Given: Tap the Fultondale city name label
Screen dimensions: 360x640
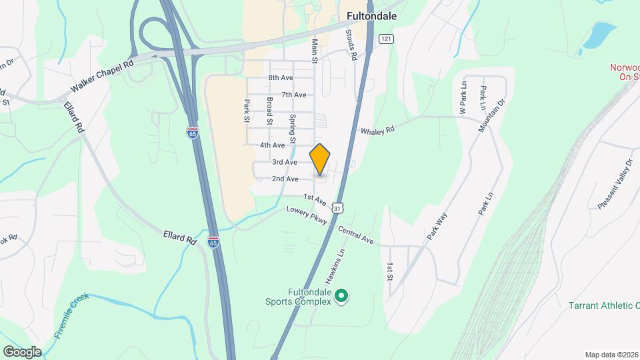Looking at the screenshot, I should point(372,15).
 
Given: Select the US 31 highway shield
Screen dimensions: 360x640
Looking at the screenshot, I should point(339,208).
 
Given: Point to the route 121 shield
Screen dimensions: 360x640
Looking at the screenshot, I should point(385,39).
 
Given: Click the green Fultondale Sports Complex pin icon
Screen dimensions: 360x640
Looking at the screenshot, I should point(341,295).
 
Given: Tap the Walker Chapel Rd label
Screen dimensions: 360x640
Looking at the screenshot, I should point(103,77).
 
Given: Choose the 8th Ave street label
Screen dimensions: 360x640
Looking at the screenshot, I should point(281,78).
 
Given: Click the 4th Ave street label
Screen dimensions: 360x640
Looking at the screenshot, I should point(273,145).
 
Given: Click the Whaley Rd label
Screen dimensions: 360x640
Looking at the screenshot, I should point(377,131).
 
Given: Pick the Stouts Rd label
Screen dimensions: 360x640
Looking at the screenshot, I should point(351,45).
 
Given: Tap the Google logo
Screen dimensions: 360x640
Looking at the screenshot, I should point(22,351).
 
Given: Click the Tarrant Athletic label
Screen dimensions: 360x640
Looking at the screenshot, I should point(601,305).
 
